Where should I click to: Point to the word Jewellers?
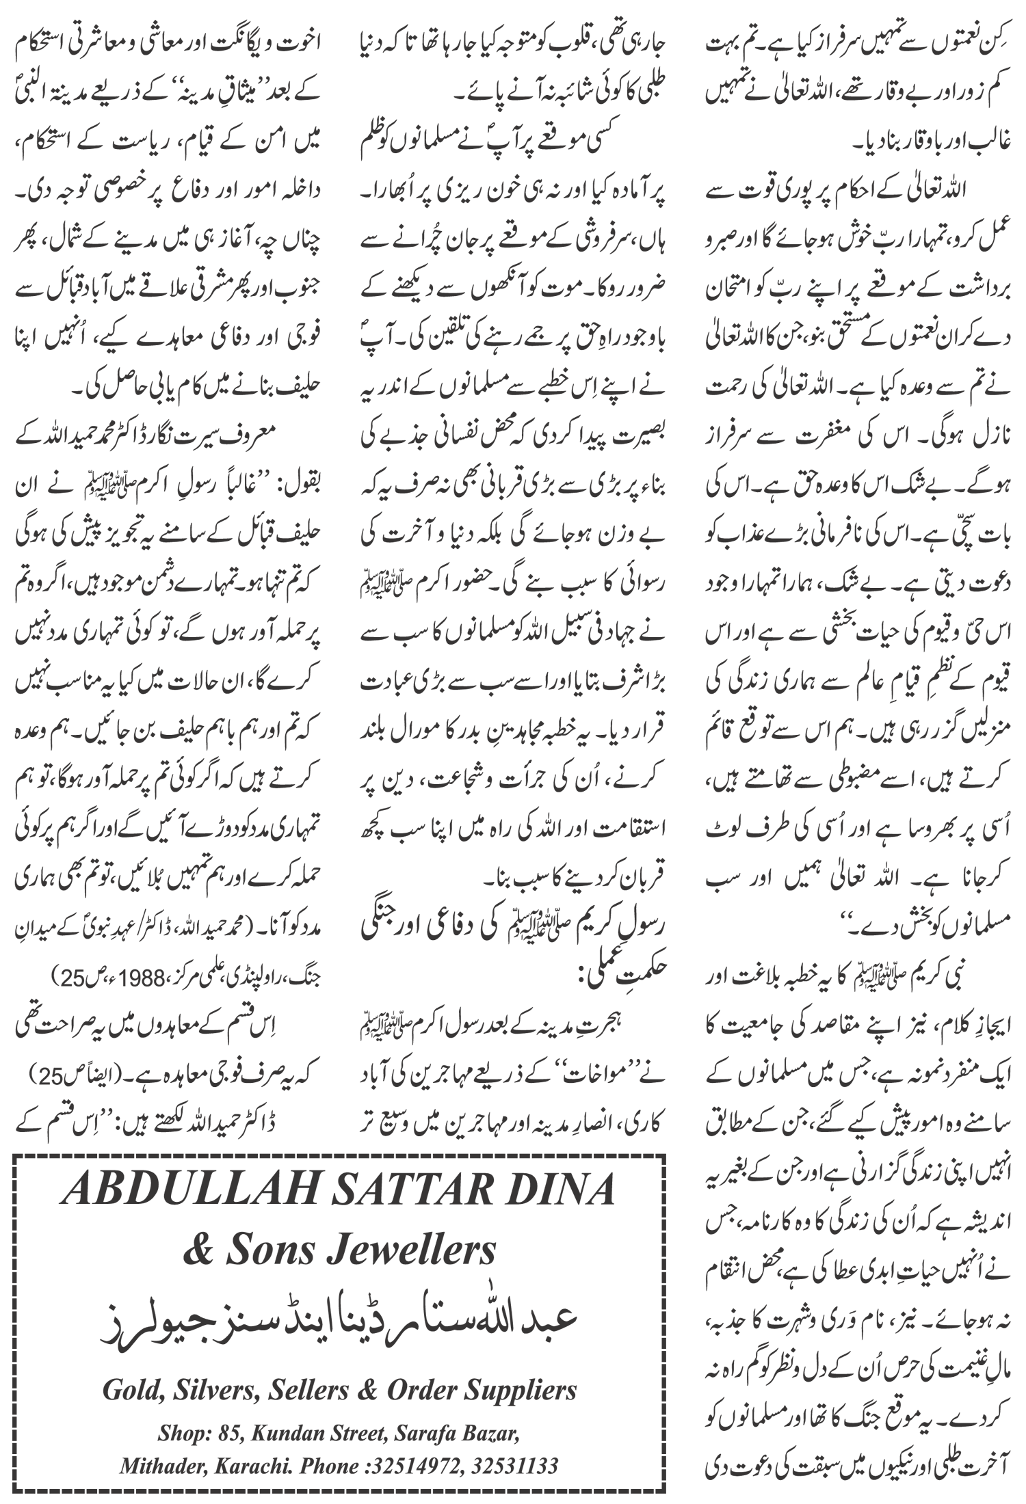408,1251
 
